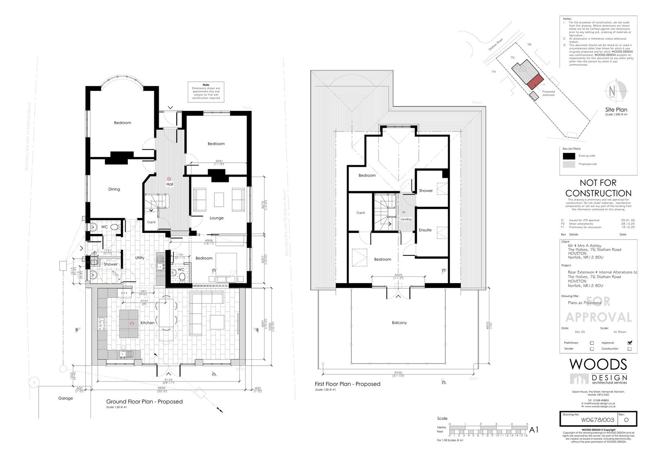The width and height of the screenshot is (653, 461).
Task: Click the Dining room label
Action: [114, 189]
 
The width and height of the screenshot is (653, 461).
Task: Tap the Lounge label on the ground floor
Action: [216, 218]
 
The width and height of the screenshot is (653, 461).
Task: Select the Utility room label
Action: [140, 258]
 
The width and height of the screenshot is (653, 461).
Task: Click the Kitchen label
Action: [147, 323]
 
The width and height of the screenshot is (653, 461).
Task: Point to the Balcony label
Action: [399, 323]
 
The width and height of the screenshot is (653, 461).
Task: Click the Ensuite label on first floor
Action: [425, 230]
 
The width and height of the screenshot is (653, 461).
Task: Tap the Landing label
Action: [406, 219]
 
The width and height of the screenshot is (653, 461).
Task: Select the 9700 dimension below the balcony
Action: [398, 372]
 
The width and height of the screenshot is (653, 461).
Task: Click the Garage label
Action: [65, 398]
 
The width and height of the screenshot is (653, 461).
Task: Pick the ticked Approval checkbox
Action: [630, 343]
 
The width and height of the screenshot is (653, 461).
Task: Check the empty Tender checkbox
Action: [592, 349]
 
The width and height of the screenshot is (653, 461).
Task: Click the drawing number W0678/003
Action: [589, 419]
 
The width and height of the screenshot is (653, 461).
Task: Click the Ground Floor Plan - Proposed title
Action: [144, 401]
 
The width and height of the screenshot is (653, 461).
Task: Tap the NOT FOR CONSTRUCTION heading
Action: [598, 188]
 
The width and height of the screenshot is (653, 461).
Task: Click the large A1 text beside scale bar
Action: [534, 430]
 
